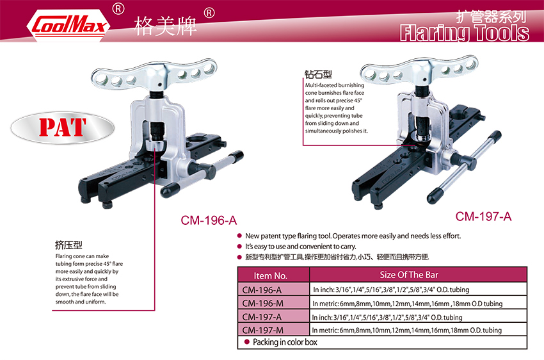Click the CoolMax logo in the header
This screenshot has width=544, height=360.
68,26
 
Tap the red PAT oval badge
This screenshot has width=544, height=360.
63,127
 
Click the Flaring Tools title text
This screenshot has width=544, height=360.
465,33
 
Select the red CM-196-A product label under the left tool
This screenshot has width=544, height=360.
209,220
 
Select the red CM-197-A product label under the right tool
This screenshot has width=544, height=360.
483,217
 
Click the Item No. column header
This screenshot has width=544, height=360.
271,275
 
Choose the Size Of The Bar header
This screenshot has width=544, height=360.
409,275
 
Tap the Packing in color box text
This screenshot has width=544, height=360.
285,342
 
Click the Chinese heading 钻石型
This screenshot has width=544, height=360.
318,74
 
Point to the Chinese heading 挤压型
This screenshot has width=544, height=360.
68,245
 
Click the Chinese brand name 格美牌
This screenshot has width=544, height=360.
165,26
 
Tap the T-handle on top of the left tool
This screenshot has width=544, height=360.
155,76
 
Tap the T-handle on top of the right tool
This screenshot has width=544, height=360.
419,70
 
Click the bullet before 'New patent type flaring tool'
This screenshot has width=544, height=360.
239,236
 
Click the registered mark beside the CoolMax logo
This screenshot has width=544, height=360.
118,9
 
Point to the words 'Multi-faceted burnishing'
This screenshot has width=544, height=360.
335,85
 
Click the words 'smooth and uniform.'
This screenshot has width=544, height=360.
81,302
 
